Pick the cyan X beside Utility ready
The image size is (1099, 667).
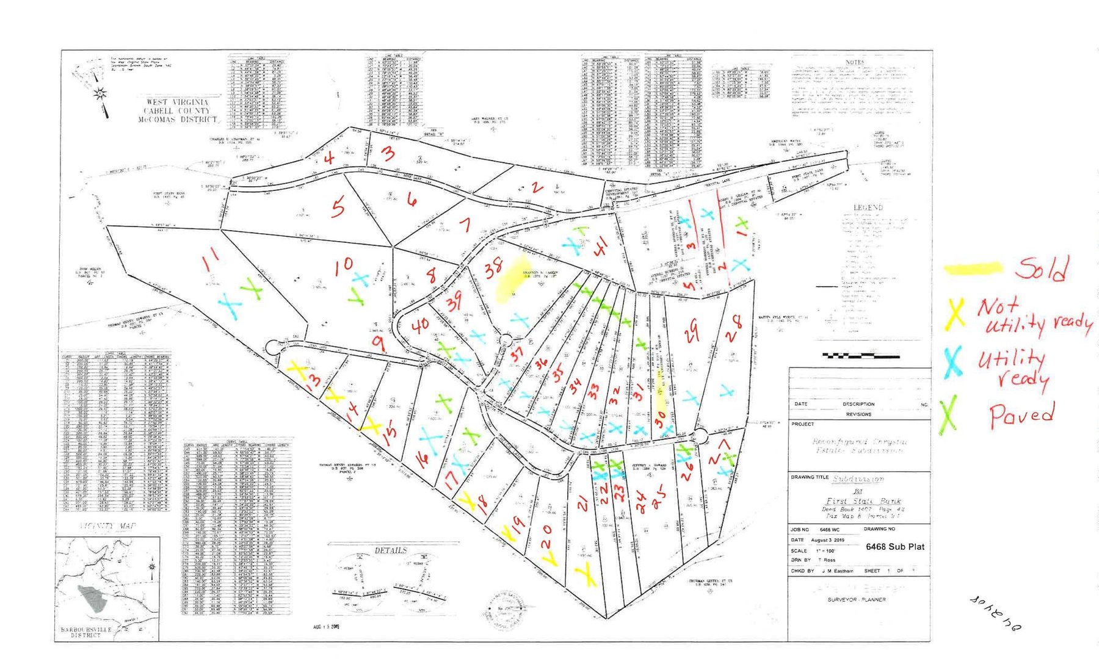point(952,361)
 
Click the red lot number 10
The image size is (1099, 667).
point(344,265)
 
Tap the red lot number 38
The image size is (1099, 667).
point(493,268)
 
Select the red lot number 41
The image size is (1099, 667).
point(601,245)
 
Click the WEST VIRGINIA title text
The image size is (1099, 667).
point(177,102)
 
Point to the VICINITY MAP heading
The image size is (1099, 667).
point(108,526)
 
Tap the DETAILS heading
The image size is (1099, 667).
point(391,550)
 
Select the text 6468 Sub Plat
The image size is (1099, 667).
point(894,547)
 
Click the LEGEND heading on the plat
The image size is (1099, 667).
point(868,207)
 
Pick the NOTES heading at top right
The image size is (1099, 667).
point(855,62)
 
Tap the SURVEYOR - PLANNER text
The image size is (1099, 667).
point(857,599)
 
